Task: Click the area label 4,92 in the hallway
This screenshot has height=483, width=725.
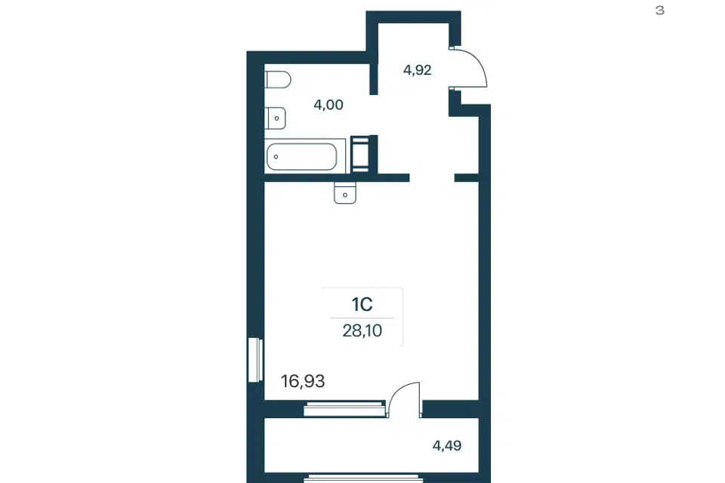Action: point(417,70)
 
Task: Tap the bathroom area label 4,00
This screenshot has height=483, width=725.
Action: point(329,105)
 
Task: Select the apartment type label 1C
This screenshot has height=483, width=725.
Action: point(362,305)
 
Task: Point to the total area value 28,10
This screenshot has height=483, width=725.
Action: point(362,331)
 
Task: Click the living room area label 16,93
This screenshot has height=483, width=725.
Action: point(303,381)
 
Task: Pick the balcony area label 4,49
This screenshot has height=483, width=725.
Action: point(446,445)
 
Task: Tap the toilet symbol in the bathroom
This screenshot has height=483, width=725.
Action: point(278,79)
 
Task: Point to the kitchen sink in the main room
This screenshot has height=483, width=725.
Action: point(345,192)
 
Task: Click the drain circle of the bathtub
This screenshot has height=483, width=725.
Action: point(276,157)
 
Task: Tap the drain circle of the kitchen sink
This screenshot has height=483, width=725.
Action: point(345,195)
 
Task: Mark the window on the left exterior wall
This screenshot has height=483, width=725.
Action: point(255,360)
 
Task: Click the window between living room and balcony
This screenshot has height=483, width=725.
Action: point(344,410)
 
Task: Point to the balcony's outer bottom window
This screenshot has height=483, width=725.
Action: point(363,478)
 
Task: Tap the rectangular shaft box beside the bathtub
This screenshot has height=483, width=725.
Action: point(359,154)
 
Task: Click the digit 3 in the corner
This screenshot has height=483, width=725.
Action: point(660,10)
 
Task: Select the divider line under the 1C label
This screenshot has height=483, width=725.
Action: point(362,318)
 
